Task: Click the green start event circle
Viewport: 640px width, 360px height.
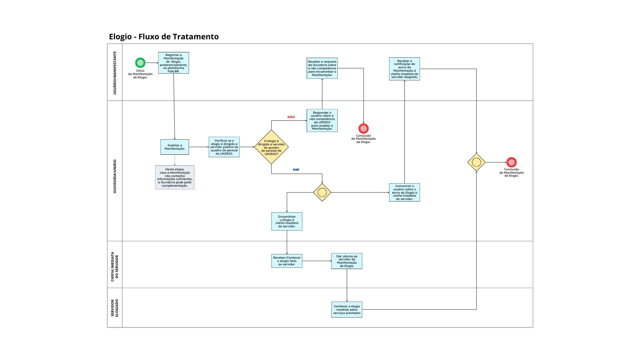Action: [x=140, y=63]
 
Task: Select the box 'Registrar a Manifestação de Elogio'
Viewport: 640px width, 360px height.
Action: [x=173, y=63]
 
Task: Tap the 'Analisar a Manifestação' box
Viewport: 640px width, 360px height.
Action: [x=175, y=147]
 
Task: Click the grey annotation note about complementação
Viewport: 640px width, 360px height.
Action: [x=175, y=177]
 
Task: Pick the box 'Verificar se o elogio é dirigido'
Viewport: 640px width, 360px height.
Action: [x=224, y=147]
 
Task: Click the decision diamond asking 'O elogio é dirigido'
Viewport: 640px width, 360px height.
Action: [x=271, y=147]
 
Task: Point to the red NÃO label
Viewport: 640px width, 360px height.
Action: [x=291, y=117]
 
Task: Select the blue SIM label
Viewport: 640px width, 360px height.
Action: [x=296, y=170]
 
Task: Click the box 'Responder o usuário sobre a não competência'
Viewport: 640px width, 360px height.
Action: [x=322, y=120]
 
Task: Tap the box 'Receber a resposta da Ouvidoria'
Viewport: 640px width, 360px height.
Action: [x=322, y=68]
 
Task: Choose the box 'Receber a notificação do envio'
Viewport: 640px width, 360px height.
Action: [x=404, y=69]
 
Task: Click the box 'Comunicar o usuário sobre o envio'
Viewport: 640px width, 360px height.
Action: [x=404, y=192]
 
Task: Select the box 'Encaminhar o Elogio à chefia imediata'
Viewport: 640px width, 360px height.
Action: [x=287, y=221]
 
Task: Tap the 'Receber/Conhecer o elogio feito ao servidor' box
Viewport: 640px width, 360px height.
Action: [x=287, y=261]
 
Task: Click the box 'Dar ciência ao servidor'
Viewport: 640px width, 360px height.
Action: [x=347, y=261]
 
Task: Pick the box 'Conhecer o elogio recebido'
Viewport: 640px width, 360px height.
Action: [x=347, y=310]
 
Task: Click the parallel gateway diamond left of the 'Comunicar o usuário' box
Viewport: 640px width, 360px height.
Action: [x=322, y=192]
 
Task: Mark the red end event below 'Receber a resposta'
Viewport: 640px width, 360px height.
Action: [x=363, y=128]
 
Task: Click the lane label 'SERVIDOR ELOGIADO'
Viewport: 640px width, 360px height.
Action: [x=115, y=308]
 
